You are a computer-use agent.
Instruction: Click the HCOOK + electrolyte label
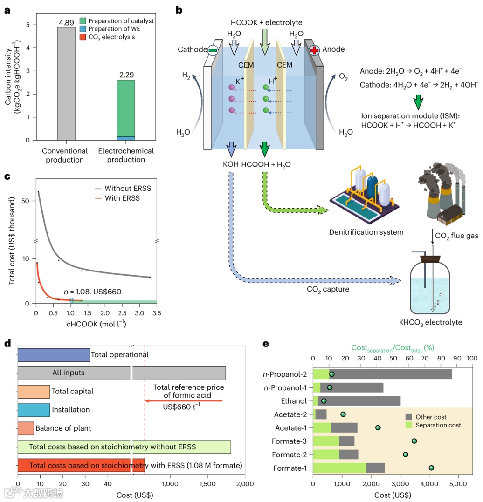coord(266,22)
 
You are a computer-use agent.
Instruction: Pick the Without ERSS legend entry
coord(128,188)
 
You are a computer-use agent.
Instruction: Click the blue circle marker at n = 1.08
coord(71,300)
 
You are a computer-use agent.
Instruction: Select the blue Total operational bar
coord(54,354)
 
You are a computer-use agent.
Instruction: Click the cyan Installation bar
coord(34,410)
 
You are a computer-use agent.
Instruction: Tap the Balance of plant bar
coord(26,428)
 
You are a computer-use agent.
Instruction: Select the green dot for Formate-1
coord(431,468)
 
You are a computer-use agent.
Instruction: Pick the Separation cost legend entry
coord(436,425)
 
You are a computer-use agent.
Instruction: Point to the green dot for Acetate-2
coord(343,414)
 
